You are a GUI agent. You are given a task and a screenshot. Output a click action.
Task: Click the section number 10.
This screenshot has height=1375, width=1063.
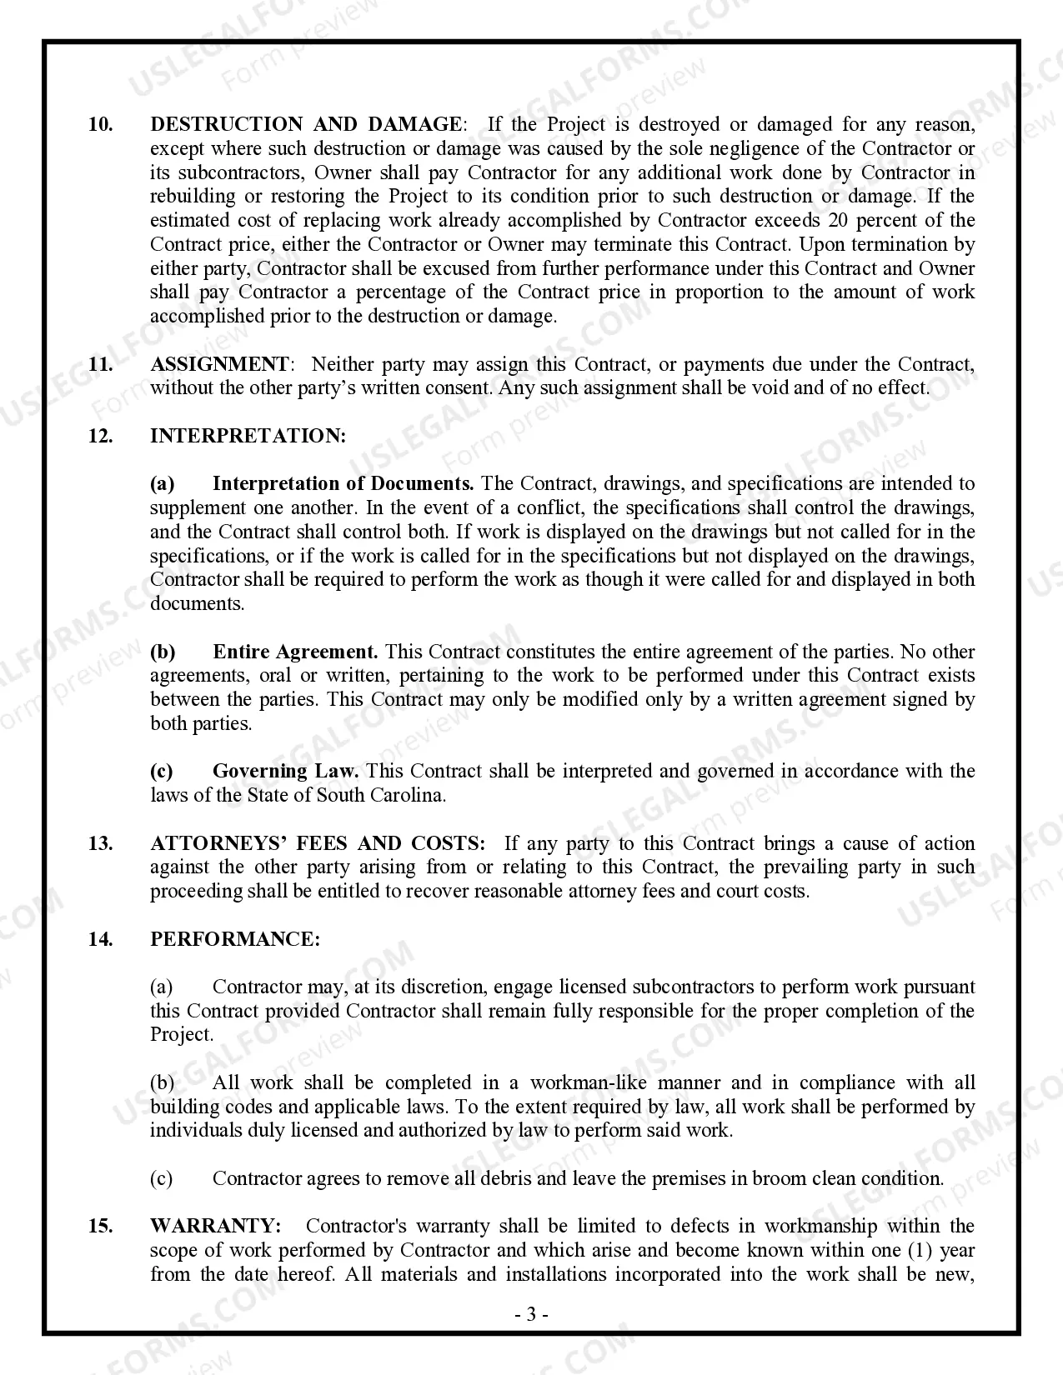[100, 125]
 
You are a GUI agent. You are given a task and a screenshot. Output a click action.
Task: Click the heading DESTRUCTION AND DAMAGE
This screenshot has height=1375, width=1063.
[305, 125]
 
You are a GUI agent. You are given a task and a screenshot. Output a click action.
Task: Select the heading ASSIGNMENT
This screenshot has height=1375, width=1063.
[219, 365]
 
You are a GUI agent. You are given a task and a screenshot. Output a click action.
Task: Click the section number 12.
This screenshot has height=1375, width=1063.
[100, 437]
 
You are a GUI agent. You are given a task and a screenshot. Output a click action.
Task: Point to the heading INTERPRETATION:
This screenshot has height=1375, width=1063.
[248, 437]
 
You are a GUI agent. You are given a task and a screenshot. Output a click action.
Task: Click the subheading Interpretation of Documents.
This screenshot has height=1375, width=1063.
[343, 484]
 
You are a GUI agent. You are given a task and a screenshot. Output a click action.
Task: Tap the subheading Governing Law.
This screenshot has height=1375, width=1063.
[285, 772]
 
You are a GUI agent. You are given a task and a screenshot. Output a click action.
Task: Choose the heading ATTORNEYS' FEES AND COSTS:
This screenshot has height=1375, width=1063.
[317, 844]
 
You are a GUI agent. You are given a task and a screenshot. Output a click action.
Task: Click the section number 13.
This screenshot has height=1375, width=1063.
[100, 844]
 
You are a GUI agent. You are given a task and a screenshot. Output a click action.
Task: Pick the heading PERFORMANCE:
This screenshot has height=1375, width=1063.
[235, 940]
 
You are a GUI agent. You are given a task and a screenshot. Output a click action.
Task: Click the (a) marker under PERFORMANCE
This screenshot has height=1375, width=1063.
[162, 987]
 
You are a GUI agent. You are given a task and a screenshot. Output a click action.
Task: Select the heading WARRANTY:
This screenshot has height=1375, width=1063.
[215, 1227]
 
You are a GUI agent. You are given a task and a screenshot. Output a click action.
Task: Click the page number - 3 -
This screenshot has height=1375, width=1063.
[531, 1316]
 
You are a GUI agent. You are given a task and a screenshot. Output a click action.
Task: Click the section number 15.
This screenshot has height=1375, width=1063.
[100, 1227]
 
